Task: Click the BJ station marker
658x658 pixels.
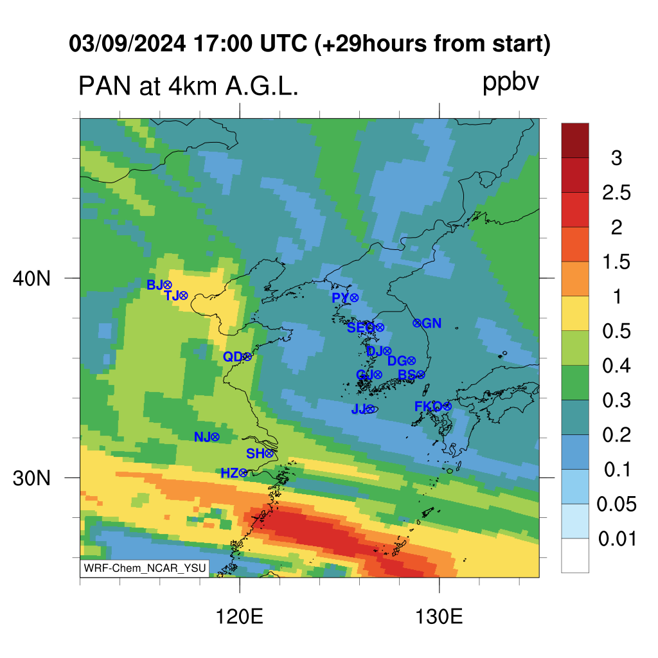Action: pos(168,285)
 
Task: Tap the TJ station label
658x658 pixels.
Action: pos(172,296)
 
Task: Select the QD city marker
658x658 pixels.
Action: pos(247,357)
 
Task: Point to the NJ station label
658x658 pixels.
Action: pos(202,437)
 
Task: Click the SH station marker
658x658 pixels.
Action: pos(269,453)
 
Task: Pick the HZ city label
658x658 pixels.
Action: pos(229,474)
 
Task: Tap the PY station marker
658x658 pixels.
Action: pos(354,298)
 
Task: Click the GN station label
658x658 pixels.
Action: pos(431,323)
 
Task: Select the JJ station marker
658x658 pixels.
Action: pos(369,409)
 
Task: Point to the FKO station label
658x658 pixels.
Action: pos(429,406)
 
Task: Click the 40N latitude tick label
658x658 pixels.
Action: pos(31,278)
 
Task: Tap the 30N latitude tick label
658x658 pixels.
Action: pos(31,478)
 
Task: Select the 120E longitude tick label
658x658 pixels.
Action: pos(239,617)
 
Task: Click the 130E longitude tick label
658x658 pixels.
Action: pos(439,617)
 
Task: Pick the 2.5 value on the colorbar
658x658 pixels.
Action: pos(616,193)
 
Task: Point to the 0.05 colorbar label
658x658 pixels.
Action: pos(616,504)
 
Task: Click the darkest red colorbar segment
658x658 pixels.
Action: pos(575,140)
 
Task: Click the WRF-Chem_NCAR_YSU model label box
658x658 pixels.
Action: pos(145,568)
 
